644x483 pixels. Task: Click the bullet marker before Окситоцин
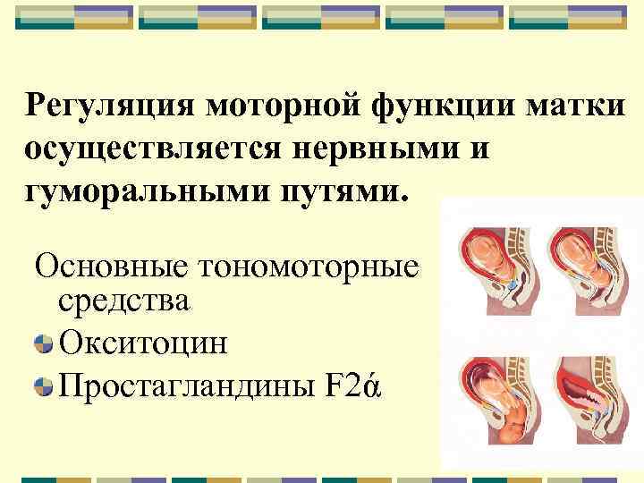(x=43, y=343)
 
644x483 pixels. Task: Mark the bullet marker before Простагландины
(x=43, y=387)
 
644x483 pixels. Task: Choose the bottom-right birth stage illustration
(x=586, y=403)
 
